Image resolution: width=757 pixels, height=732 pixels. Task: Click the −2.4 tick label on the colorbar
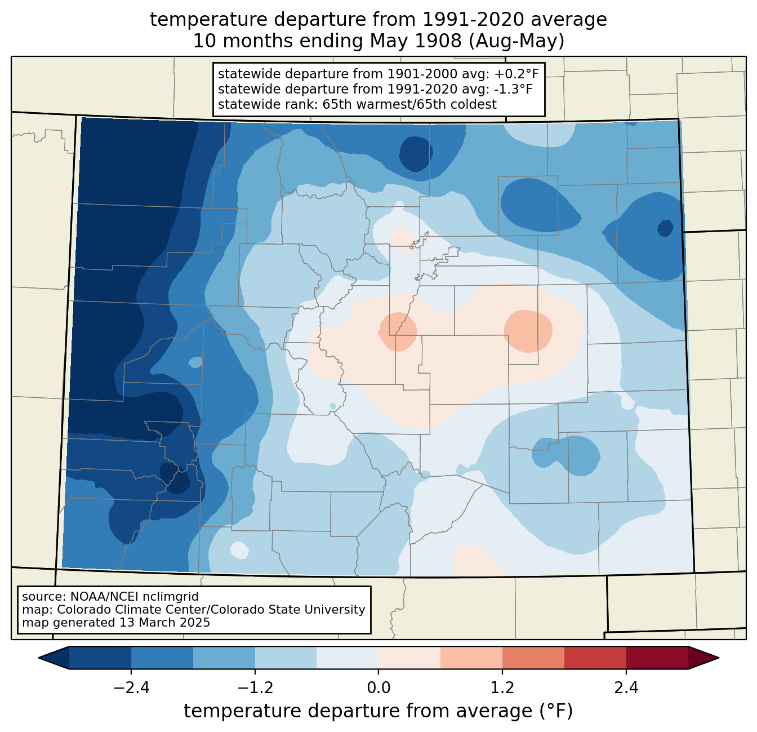tap(131, 688)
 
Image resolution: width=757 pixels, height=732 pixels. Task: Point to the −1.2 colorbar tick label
tap(255, 688)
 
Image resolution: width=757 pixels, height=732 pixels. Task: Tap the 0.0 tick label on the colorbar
tap(379, 688)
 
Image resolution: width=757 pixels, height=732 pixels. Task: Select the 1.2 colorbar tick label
tap(502, 688)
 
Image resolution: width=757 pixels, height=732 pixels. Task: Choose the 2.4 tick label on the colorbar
tap(626, 688)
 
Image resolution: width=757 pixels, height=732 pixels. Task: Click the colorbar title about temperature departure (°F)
tap(379, 711)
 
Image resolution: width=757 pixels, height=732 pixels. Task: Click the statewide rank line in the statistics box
tap(357, 104)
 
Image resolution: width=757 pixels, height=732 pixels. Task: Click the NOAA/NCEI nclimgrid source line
tap(110, 596)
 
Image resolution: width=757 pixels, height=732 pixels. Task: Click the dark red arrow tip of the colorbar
tap(704, 658)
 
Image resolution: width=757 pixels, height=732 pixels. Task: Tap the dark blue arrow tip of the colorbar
tap(53, 658)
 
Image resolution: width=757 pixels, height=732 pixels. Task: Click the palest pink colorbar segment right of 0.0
tap(409, 658)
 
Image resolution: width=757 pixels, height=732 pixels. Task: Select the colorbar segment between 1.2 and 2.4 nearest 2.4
tap(595, 658)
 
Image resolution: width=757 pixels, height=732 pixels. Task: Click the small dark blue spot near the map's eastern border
tap(665, 228)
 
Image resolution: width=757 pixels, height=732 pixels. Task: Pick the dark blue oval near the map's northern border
tap(416, 153)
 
